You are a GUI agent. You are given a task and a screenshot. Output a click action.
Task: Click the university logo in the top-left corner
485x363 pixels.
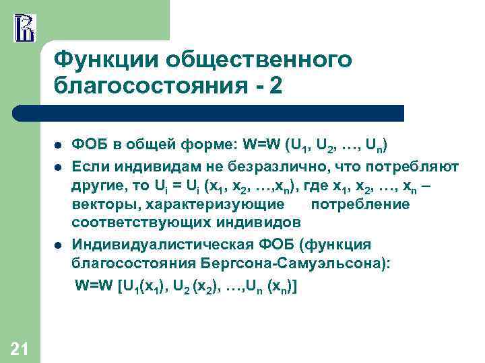tap(24, 27)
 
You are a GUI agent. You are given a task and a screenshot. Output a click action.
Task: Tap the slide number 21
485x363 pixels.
tap(20, 348)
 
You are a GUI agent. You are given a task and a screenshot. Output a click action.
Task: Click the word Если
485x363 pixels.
tap(89, 165)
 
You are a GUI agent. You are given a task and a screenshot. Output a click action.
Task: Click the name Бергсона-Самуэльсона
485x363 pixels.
tap(306, 264)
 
